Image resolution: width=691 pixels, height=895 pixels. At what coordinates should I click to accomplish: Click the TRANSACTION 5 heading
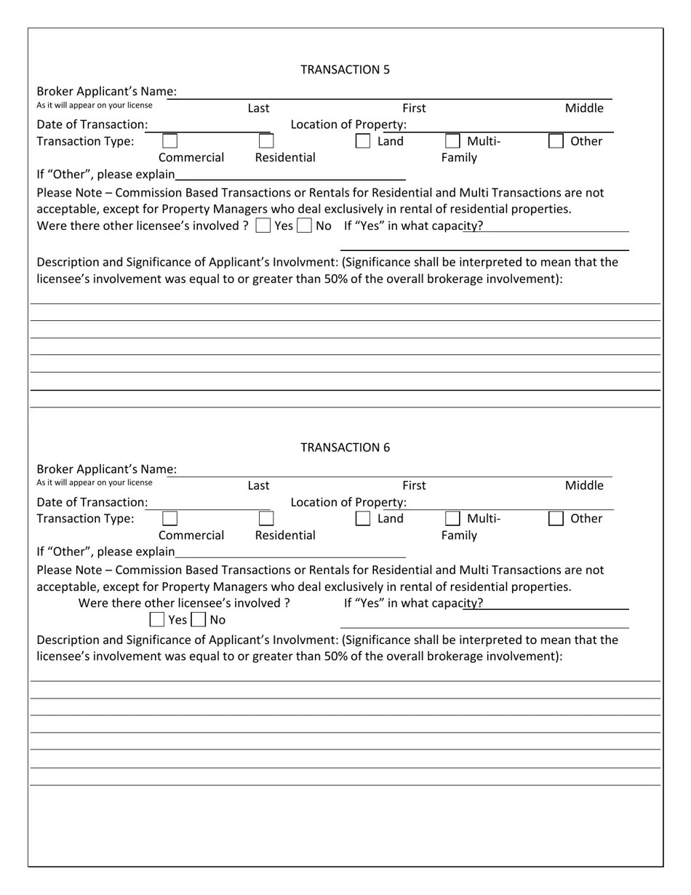click(345, 70)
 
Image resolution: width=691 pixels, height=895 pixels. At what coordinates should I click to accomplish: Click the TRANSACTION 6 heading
click(345, 447)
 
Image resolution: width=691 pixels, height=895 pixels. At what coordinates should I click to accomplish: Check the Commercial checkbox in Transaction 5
click(169, 141)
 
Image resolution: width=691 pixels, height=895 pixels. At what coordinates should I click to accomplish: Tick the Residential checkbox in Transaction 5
click(266, 141)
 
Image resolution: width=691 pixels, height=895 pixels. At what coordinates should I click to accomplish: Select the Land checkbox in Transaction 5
click(362, 141)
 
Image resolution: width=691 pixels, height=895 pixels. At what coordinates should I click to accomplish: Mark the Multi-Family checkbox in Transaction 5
click(452, 141)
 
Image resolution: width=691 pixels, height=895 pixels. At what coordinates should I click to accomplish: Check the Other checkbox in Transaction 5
click(556, 141)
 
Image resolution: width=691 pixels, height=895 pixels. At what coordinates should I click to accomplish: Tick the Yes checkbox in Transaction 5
click(263, 226)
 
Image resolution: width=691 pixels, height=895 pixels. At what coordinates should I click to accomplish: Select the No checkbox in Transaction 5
click(304, 226)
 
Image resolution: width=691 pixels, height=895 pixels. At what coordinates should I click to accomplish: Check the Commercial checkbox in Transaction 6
click(169, 519)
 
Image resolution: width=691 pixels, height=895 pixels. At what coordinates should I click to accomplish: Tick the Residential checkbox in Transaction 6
click(266, 519)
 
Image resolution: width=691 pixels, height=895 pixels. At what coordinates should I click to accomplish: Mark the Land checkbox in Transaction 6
click(362, 519)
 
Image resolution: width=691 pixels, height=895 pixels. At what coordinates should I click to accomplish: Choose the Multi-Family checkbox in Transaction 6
click(452, 519)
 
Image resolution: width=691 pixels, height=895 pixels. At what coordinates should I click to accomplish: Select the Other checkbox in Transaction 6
click(556, 519)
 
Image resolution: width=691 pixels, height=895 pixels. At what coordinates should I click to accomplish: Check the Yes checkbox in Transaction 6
click(156, 620)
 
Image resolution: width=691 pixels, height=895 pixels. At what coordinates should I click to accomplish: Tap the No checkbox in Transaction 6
click(198, 620)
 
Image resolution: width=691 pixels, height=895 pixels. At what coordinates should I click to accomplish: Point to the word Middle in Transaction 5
click(584, 108)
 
